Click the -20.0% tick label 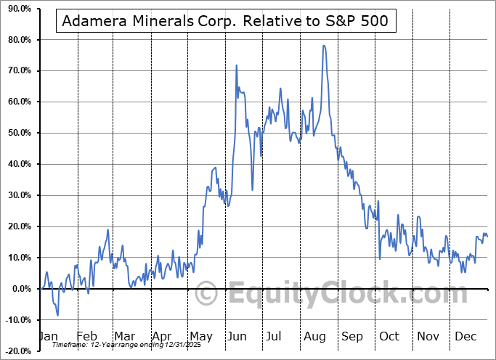(17, 351)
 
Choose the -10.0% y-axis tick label (17, 320)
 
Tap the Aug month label (314, 336)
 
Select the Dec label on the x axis (465, 336)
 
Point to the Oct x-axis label (389, 336)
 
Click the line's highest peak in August (324, 46)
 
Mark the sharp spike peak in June (237, 65)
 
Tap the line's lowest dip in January (57, 315)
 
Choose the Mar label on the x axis (124, 336)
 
